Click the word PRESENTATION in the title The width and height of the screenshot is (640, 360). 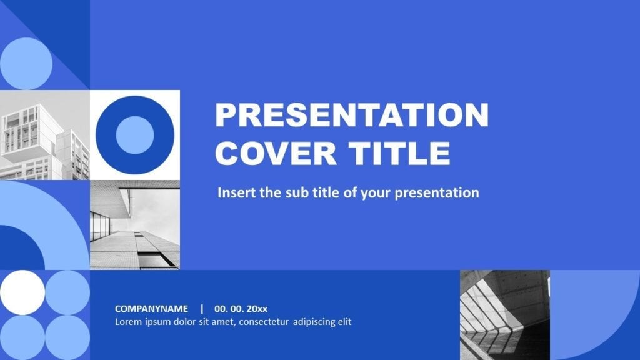[x=351, y=115]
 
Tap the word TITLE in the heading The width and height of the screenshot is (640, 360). [x=396, y=153]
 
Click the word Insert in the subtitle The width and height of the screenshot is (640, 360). [x=236, y=192]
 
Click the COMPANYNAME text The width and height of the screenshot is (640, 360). [x=151, y=309]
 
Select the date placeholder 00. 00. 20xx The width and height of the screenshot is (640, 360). [x=241, y=309]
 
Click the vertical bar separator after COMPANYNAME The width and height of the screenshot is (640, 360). [x=202, y=309]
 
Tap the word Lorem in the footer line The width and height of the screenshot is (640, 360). [x=127, y=322]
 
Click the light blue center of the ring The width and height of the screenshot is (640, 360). [x=135, y=135]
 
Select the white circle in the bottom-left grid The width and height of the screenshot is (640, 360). [x=22, y=292]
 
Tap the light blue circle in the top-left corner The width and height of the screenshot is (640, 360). [x=26, y=64]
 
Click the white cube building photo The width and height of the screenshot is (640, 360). [x=45, y=135]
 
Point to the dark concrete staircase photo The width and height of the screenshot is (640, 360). [x=504, y=315]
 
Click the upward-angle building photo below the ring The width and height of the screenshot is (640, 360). [x=135, y=225]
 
